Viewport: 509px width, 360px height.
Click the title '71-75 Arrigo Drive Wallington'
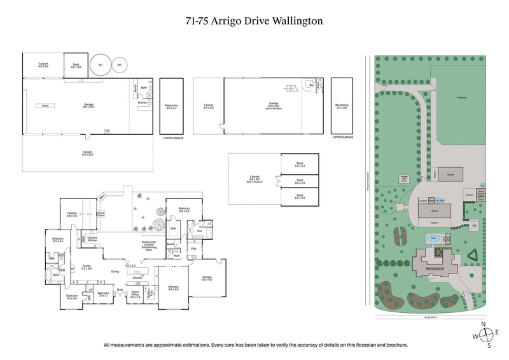click(254, 20)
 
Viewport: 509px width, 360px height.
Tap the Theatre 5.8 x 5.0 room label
click(72, 214)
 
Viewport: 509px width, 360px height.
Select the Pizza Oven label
click(100, 214)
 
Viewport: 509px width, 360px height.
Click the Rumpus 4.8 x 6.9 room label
click(173, 287)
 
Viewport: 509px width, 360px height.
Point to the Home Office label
click(135, 294)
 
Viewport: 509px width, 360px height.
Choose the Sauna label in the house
click(171, 244)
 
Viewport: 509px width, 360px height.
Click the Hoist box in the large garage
click(45, 106)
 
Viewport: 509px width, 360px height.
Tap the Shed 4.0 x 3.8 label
click(76, 65)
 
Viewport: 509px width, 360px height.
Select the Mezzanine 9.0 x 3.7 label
click(171, 107)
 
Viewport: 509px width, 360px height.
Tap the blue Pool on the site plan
click(434, 238)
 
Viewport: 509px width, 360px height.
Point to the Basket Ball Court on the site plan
click(404, 178)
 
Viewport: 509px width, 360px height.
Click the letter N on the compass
click(483, 324)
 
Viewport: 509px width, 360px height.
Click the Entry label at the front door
click(119, 289)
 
